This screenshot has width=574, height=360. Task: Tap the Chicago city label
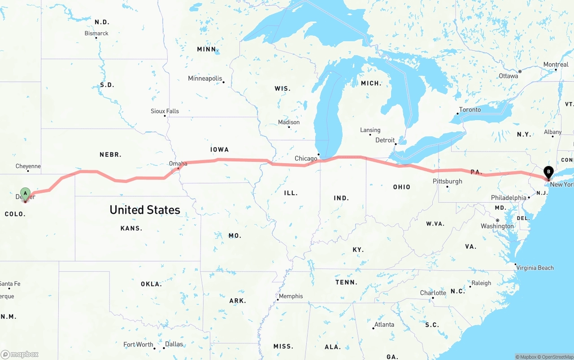coord(306,158)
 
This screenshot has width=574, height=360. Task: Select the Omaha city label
coord(178,164)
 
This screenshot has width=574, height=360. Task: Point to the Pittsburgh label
coord(447,181)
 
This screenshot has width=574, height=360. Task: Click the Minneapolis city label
coord(205,78)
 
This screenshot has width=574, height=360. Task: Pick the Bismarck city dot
coord(96,38)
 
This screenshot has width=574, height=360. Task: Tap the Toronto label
coord(470,109)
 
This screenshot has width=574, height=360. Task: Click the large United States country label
coord(145,209)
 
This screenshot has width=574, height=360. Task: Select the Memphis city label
coord(291,296)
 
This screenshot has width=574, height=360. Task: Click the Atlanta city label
coord(384,325)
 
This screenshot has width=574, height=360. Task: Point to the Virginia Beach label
coord(535,268)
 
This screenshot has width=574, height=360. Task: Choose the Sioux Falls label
coord(165,111)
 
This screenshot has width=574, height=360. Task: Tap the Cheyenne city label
coord(28,166)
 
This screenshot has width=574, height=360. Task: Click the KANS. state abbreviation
coord(131,228)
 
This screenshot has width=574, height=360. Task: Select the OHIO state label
coord(401,187)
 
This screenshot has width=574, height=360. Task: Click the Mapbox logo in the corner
coord(20,354)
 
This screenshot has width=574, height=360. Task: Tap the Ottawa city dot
coord(520,72)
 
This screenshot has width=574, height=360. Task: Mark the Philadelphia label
coord(509,198)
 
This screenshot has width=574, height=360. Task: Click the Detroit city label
coord(385,140)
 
